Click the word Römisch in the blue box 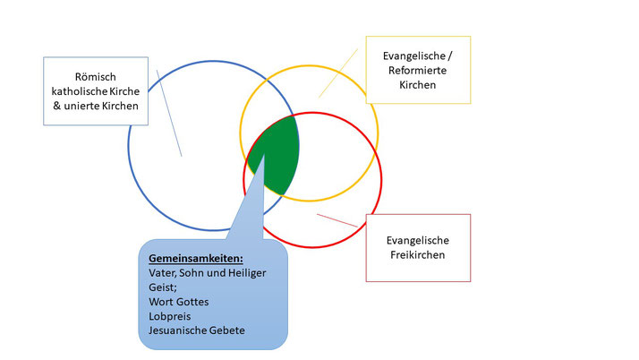[x=96, y=77]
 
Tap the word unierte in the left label [x=81, y=106]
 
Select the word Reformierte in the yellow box [x=417, y=71]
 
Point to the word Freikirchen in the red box [x=417, y=255]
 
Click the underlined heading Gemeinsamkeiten [x=196, y=259]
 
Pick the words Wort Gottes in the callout [x=178, y=302]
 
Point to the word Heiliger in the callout [x=247, y=273]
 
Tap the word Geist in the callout [x=162, y=287]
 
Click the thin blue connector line [x=169, y=113]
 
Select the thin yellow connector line [x=338, y=73]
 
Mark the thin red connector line [x=337, y=220]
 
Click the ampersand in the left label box [x=56, y=106]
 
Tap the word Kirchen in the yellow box [x=417, y=85]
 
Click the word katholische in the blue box [x=77, y=91]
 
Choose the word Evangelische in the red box [x=417, y=241]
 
